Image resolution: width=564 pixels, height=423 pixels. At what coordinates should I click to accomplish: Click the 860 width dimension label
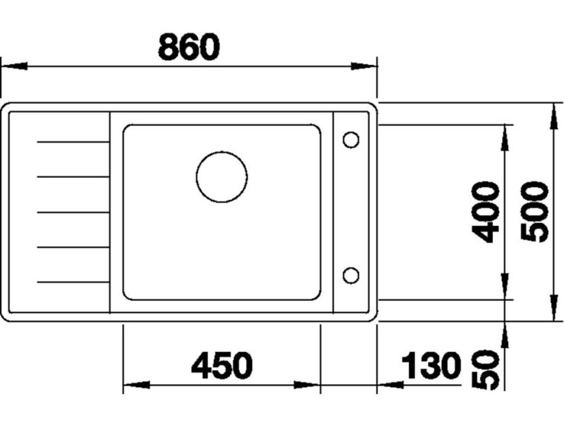click(189, 46)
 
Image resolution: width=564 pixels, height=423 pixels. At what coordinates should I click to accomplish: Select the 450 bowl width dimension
click(222, 366)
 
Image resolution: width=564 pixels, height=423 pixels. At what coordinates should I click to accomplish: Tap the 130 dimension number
click(431, 366)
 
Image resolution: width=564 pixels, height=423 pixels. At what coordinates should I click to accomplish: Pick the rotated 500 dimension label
click(534, 211)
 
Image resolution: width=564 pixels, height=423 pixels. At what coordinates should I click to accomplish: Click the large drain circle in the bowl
click(222, 177)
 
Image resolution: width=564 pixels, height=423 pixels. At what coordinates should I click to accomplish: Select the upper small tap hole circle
click(351, 140)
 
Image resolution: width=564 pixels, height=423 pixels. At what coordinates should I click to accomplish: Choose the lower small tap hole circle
click(351, 275)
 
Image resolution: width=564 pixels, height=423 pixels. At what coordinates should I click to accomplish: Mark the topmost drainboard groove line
click(72, 142)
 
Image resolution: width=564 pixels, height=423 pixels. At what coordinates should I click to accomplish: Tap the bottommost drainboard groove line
click(72, 281)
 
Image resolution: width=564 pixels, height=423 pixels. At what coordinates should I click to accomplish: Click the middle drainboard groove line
click(72, 212)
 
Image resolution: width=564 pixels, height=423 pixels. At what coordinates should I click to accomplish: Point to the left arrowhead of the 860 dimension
click(14, 66)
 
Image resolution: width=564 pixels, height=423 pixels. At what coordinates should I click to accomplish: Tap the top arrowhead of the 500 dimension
click(551, 115)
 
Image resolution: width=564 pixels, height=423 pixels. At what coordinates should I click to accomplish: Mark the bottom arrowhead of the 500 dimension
click(551, 308)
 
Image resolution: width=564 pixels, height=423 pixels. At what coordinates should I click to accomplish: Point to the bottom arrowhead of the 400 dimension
click(505, 287)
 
